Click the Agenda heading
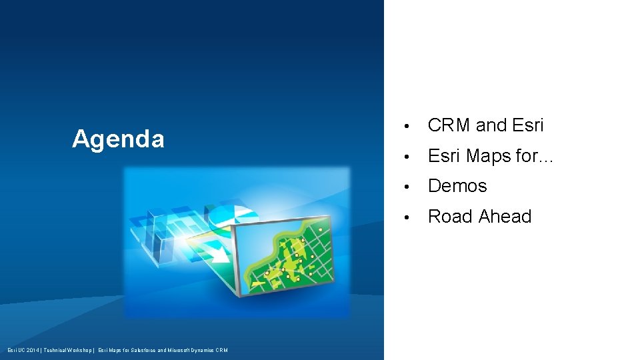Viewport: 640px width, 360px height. (118, 139)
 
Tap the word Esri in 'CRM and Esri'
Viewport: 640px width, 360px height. (528, 125)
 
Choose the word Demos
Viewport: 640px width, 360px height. (457, 186)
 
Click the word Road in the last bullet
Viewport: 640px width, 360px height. (449, 217)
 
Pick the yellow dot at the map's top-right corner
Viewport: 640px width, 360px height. (320, 229)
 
